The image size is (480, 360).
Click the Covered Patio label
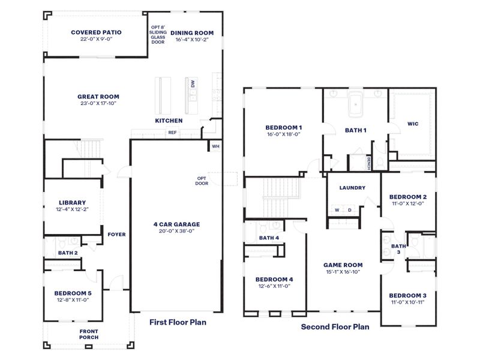tap(96, 32)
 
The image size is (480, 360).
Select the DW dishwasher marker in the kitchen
tap(193, 85)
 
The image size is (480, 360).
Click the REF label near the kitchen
tap(172, 133)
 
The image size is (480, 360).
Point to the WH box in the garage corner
tap(215, 146)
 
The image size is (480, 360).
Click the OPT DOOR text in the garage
tap(202, 181)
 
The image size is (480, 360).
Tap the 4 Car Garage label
tap(176, 224)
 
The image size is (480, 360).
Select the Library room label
tap(73, 202)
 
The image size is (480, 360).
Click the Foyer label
tap(116, 235)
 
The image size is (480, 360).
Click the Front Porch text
tap(89, 334)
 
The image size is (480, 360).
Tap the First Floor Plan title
tap(178, 322)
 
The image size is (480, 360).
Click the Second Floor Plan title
tap(335, 327)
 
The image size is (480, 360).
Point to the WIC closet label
tap(413, 124)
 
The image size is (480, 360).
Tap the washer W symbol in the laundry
tap(337, 210)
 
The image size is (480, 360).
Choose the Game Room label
tap(343, 265)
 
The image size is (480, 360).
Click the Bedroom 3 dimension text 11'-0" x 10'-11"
tap(408, 304)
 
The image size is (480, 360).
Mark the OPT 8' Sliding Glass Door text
tap(158, 35)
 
